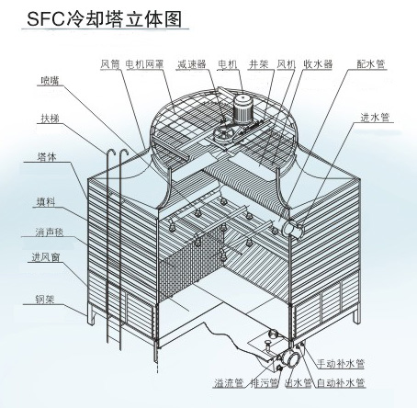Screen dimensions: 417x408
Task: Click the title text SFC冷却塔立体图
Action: (x=105, y=19)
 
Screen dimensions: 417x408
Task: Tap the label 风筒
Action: (x=110, y=64)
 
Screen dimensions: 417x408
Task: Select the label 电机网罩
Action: (x=144, y=64)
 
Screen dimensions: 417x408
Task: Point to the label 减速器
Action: (x=191, y=64)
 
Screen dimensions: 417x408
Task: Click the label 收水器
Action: (x=318, y=64)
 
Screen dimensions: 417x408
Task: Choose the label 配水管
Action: (x=370, y=64)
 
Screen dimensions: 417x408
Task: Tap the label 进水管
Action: (x=375, y=118)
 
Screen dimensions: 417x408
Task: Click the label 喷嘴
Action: (x=50, y=81)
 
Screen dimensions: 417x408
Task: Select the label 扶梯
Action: (x=50, y=119)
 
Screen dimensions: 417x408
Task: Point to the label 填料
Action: (x=46, y=202)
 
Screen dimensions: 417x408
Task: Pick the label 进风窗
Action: (x=46, y=257)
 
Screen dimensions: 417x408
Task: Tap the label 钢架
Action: (x=45, y=300)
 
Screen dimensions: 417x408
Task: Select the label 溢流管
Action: (x=229, y=383)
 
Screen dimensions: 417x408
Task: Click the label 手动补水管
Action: (x=341, y=364)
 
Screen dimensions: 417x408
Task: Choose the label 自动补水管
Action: (x=341, y=383)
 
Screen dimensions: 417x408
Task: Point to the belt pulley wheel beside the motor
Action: (x=223, y=135)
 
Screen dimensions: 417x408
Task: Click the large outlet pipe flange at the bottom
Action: (x=290, y=359)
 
